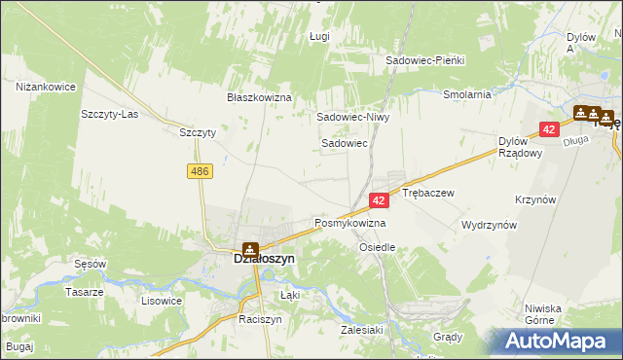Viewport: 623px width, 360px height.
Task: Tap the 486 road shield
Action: [x=201, y=171]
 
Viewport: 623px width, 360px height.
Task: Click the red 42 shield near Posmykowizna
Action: [x=380, y=199]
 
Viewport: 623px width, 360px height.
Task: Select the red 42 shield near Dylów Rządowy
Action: [x=550, y=128]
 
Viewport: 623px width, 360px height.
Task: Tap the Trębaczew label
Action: [x=428, y=194]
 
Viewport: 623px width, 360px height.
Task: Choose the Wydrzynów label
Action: [x=489, y=225]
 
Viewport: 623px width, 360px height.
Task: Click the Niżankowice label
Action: [x=46, y=88]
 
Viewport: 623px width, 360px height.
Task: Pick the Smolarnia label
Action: [x=466, y=95]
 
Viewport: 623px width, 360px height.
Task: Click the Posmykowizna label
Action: [x=349, y=224]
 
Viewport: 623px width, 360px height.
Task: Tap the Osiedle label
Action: [x=378, y=247]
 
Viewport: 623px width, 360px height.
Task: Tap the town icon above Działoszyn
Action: [x=250, y=247]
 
